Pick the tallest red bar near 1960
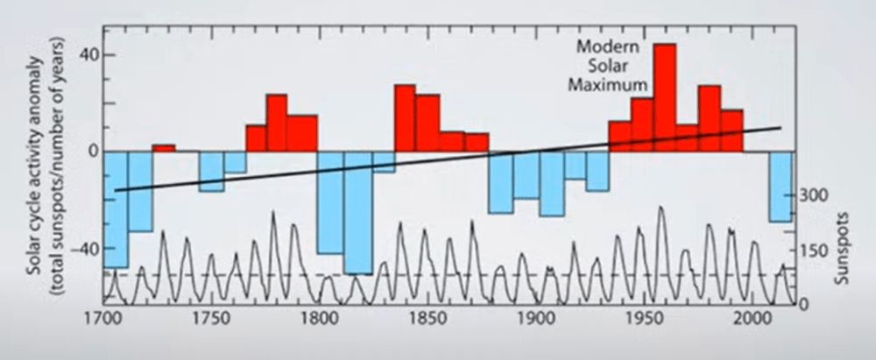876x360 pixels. (x=664, y=96)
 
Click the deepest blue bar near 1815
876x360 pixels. (x=357, y=212)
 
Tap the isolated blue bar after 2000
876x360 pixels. (x=780, y=186)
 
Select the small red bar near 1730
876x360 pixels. (x=164, y=147)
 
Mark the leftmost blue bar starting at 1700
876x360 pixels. (x=116, y=208)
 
